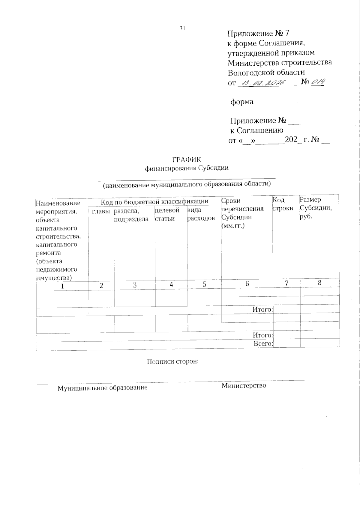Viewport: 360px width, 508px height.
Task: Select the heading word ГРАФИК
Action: (187, 159)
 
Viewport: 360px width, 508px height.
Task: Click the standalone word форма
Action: (242, 102)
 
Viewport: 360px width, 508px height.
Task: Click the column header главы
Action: (101, 211)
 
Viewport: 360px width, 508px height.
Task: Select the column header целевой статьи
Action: (167, 214)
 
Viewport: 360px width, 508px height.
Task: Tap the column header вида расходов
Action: (201, 214)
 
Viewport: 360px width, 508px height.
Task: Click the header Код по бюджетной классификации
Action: (154, 201)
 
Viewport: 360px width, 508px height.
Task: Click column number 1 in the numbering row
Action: (62, 286)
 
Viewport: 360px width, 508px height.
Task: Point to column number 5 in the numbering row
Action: (205, 284)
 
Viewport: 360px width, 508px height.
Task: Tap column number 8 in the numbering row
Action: (319, 282)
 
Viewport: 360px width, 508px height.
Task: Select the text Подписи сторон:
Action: (173, 361)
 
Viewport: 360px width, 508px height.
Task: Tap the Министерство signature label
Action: (244, 385)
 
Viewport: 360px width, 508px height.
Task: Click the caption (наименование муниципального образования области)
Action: (187, 184)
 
